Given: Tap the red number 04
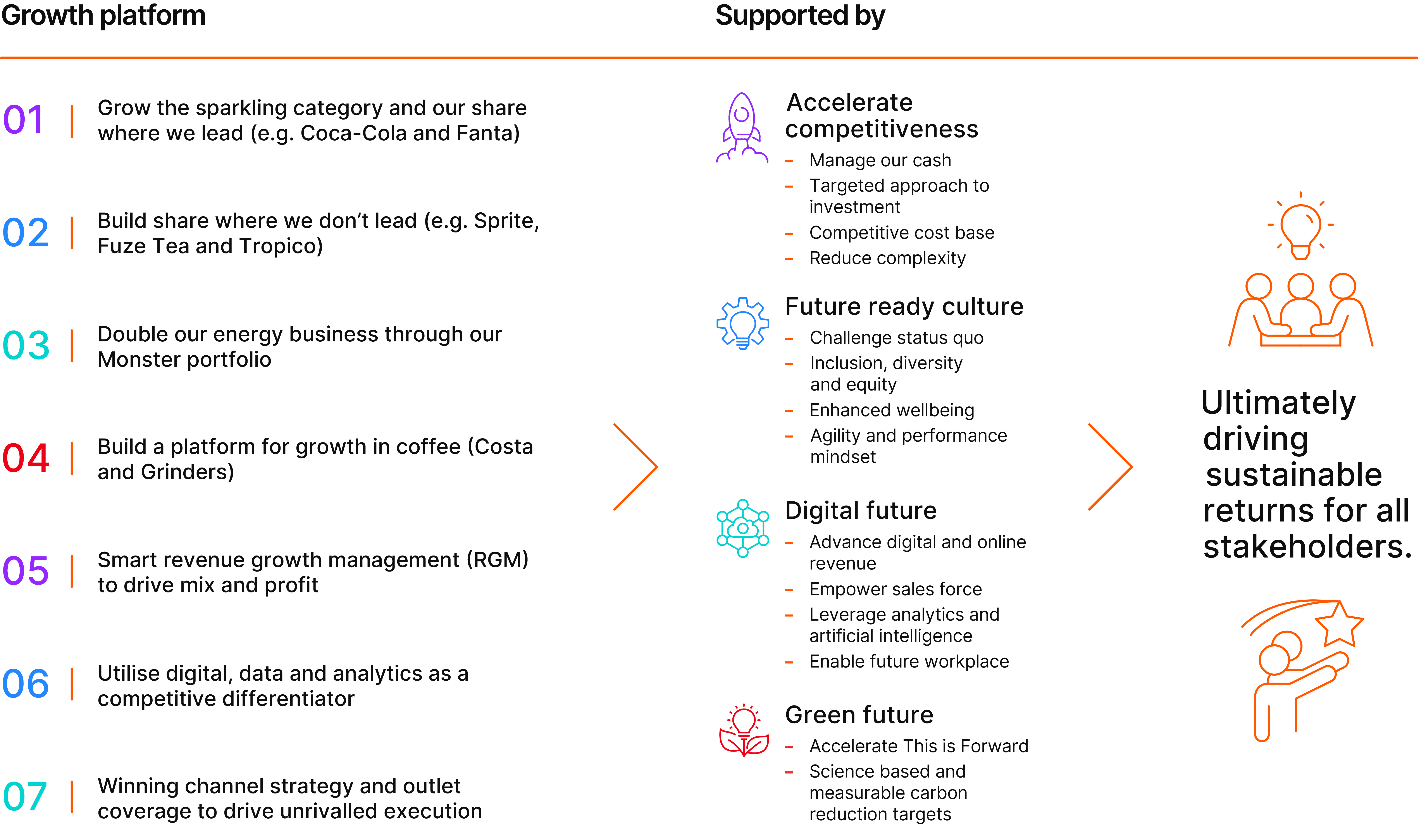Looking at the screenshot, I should [26, 458].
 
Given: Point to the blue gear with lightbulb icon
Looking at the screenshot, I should [743, 323].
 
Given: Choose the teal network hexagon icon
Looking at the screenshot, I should [743, 528].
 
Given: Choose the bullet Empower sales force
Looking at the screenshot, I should [895, 589].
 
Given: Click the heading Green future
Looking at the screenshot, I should [859, 715].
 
